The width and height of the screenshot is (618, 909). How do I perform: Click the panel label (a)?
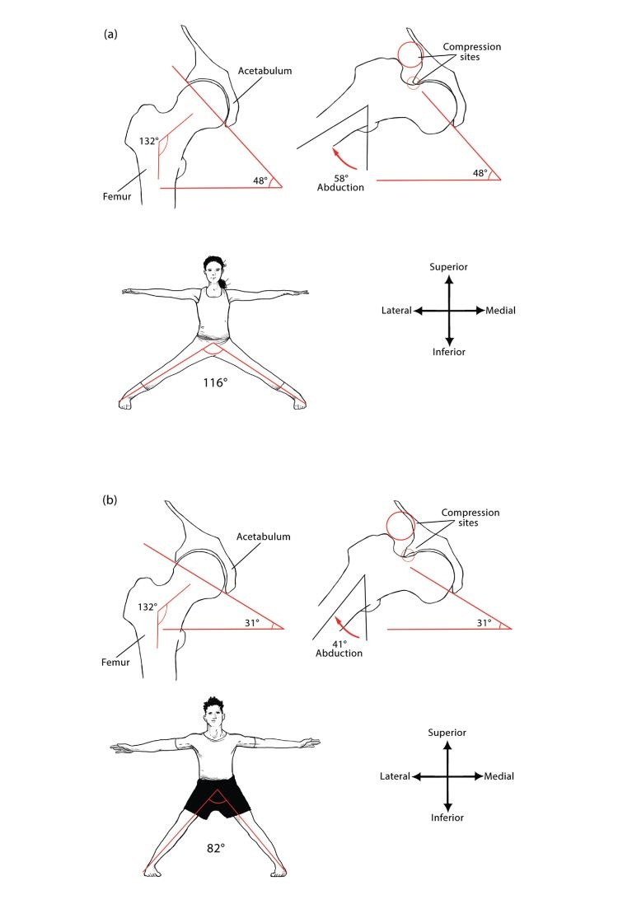110,34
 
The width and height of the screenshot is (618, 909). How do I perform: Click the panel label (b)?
110,500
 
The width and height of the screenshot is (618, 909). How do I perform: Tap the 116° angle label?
214,382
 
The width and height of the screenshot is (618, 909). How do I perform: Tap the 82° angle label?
217,846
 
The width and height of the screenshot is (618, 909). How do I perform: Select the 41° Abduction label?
339,647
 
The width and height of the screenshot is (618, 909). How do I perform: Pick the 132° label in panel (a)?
149,141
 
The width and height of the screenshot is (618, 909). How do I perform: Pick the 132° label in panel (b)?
147,607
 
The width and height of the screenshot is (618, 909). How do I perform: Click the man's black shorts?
217,796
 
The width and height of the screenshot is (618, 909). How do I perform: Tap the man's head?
215,714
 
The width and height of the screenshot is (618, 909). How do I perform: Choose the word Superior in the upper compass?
449,267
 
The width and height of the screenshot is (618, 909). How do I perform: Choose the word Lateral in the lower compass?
395,776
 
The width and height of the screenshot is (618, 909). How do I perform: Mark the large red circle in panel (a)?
410,55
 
